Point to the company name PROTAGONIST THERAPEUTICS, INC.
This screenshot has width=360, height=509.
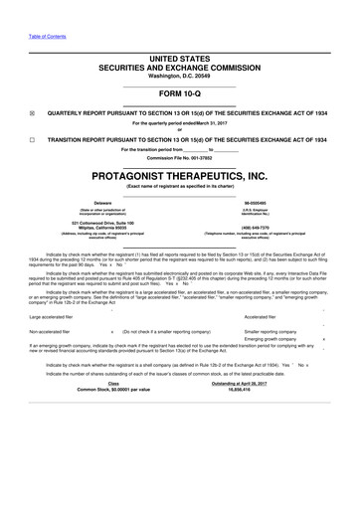179,175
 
